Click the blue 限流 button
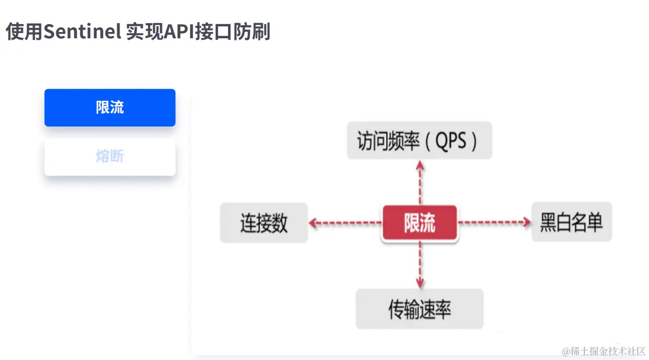pos(110,108)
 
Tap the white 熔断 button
pos(110,156)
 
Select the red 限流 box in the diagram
pos(420,223)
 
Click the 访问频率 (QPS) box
pos(419,141)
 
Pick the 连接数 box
pos(264,223)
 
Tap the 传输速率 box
pos(419,309)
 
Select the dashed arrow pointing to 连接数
pos(344,223)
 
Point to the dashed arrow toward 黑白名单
pos(495,223)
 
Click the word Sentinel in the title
pos(82,32)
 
